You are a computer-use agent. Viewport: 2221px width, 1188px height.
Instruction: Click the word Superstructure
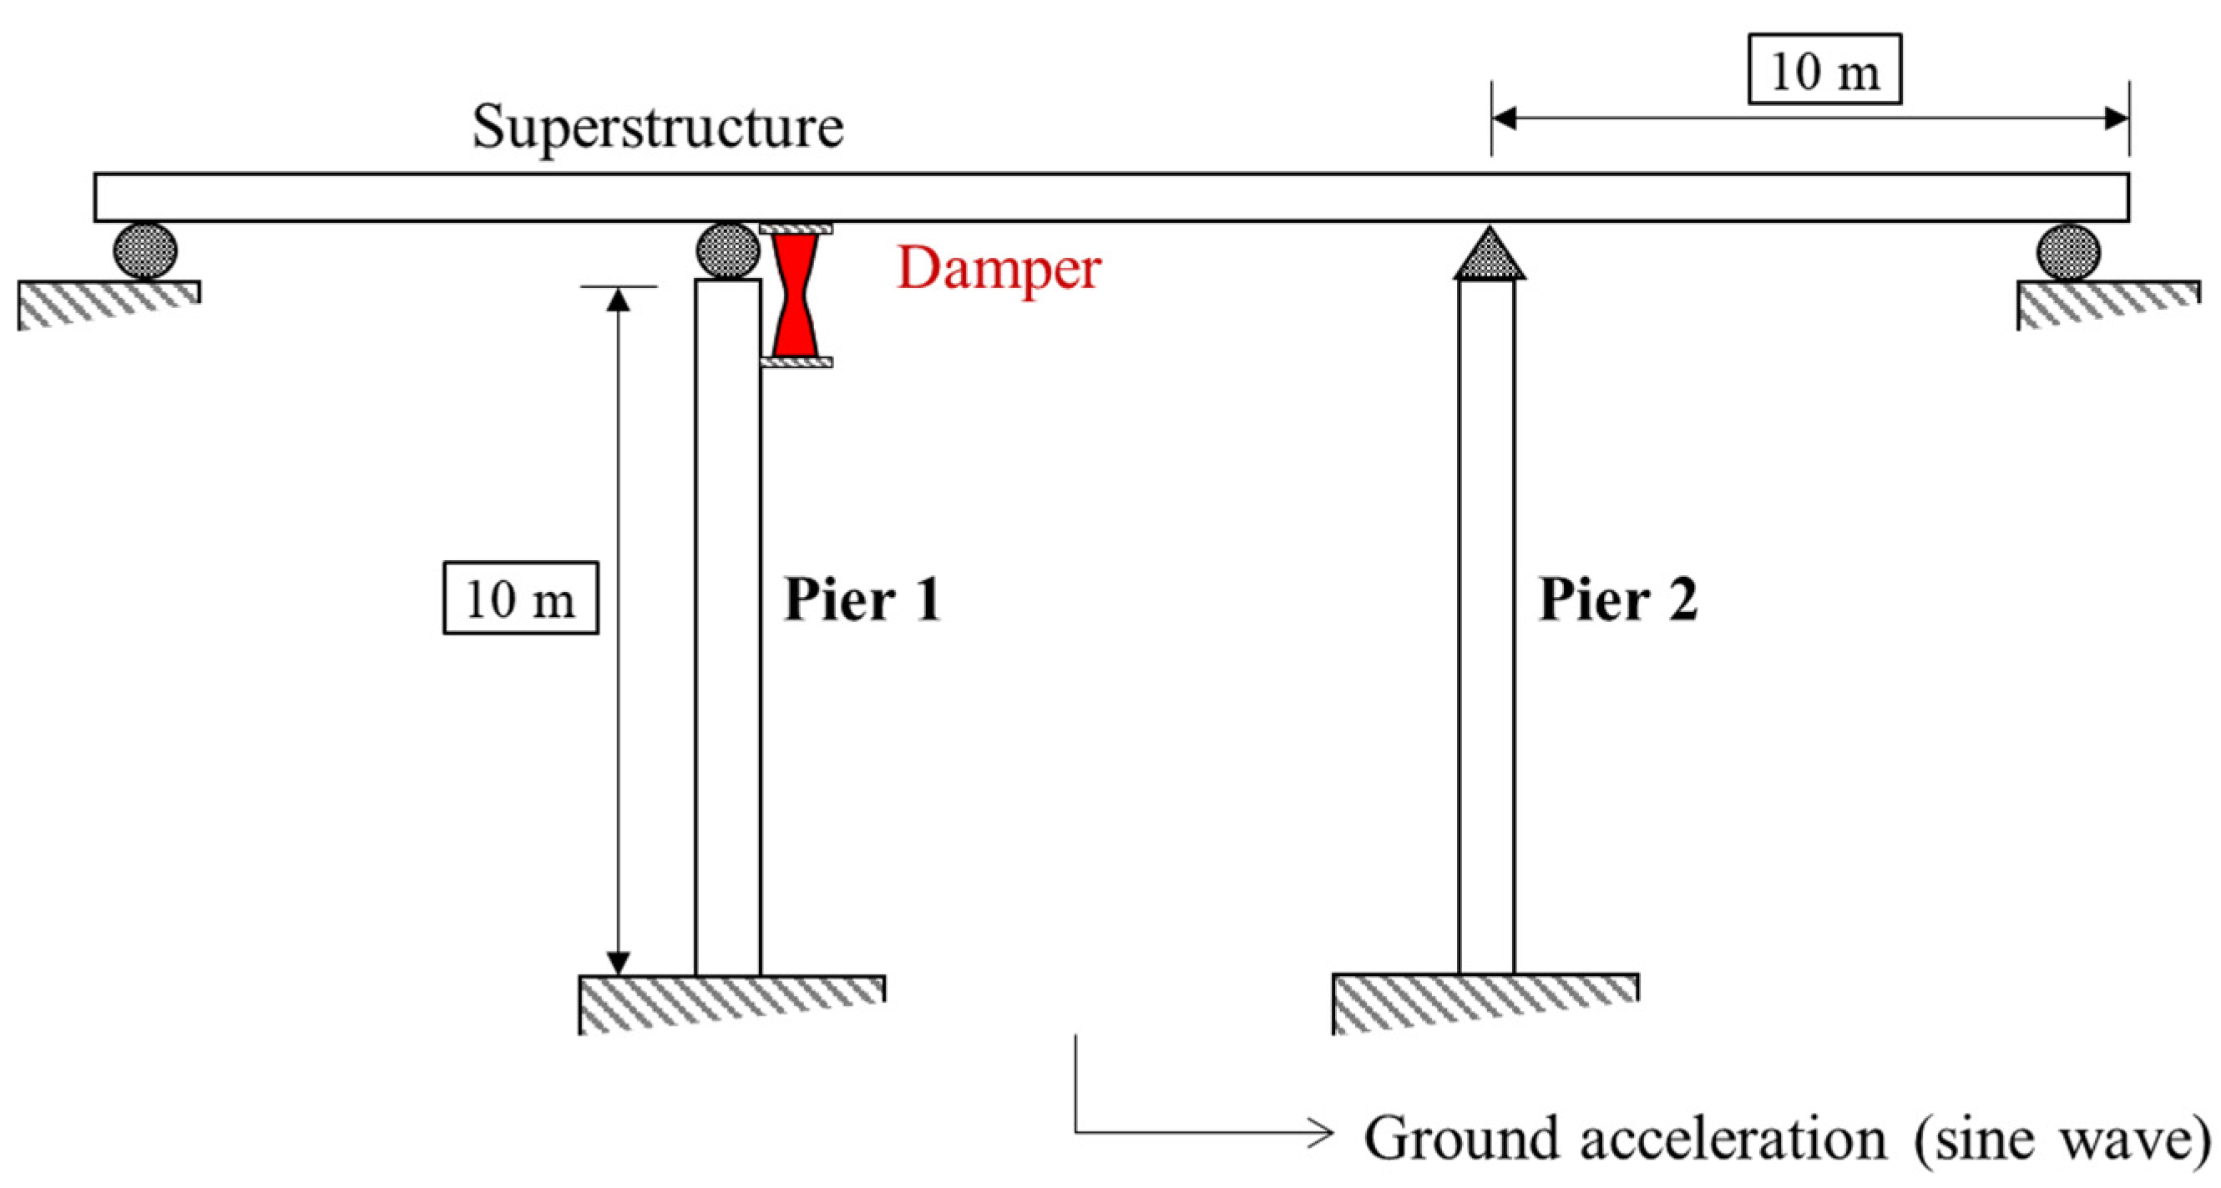click(657, 127)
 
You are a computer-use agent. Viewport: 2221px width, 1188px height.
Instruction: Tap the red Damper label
click(999, 269)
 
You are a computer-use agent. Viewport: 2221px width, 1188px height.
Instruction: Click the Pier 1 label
click(862, 599)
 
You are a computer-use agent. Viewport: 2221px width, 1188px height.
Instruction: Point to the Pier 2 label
click(1618, 599)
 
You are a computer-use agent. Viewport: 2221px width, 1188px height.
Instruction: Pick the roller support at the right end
click(2068, 253)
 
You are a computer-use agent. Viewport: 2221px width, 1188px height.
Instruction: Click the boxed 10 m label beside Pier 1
click(520, 599)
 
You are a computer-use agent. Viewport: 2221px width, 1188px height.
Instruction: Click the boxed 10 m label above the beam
click(1824, 70)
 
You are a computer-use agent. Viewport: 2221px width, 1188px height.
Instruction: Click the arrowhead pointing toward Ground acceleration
click(1320, 1132)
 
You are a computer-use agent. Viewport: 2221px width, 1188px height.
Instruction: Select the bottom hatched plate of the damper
click(796, 362)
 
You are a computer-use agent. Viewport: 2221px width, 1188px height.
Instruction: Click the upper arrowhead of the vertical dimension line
click(618, 299)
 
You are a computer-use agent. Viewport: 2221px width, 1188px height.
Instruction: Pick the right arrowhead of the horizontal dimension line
click(2117, 118)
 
